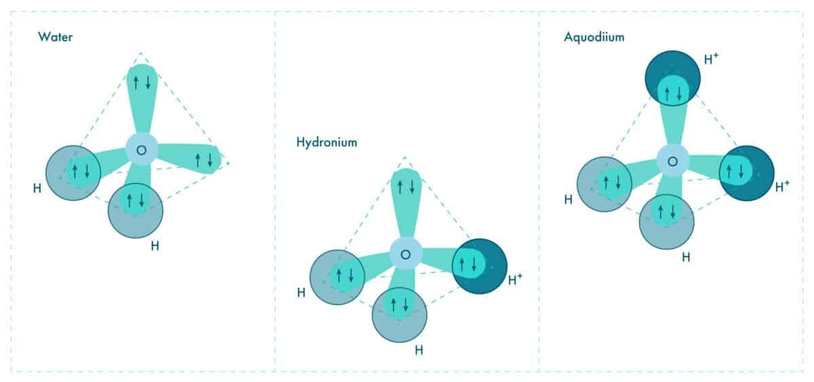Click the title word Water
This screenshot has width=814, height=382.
(x=55, y=37)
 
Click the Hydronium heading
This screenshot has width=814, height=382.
(x=327, y=142)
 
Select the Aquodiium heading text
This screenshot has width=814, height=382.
(x=594, y=37)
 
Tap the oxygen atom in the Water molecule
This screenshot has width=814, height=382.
(x=142, y=150)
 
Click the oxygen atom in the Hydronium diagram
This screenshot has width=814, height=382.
(x=406, y=254)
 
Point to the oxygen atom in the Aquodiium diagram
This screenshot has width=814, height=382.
(x=673, y=161)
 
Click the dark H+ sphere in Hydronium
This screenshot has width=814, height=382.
(x=480, y=266)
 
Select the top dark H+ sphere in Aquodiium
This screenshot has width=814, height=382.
(x=673, y=78)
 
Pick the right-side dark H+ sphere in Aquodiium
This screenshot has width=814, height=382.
(x=746, y=173)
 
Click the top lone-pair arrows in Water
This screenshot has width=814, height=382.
(x=142, y=83)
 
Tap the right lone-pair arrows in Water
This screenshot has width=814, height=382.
(x=204, y=160)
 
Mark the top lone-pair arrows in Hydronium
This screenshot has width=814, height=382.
(x=406, y=187)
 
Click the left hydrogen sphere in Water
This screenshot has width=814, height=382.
(x=73, y=173)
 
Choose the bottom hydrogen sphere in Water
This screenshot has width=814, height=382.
(x=136, y=211)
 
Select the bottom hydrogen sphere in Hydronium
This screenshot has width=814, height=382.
(x=400, y=315)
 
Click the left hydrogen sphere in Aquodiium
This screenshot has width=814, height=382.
(x=604, y=185)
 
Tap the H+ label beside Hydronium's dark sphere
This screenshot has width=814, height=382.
(x=515, y=280)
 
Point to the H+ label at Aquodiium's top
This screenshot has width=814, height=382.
(x=711, y=59)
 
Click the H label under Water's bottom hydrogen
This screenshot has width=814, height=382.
(x=155, y=246)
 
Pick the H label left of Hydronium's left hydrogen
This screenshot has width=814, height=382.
(x=301, y=292)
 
